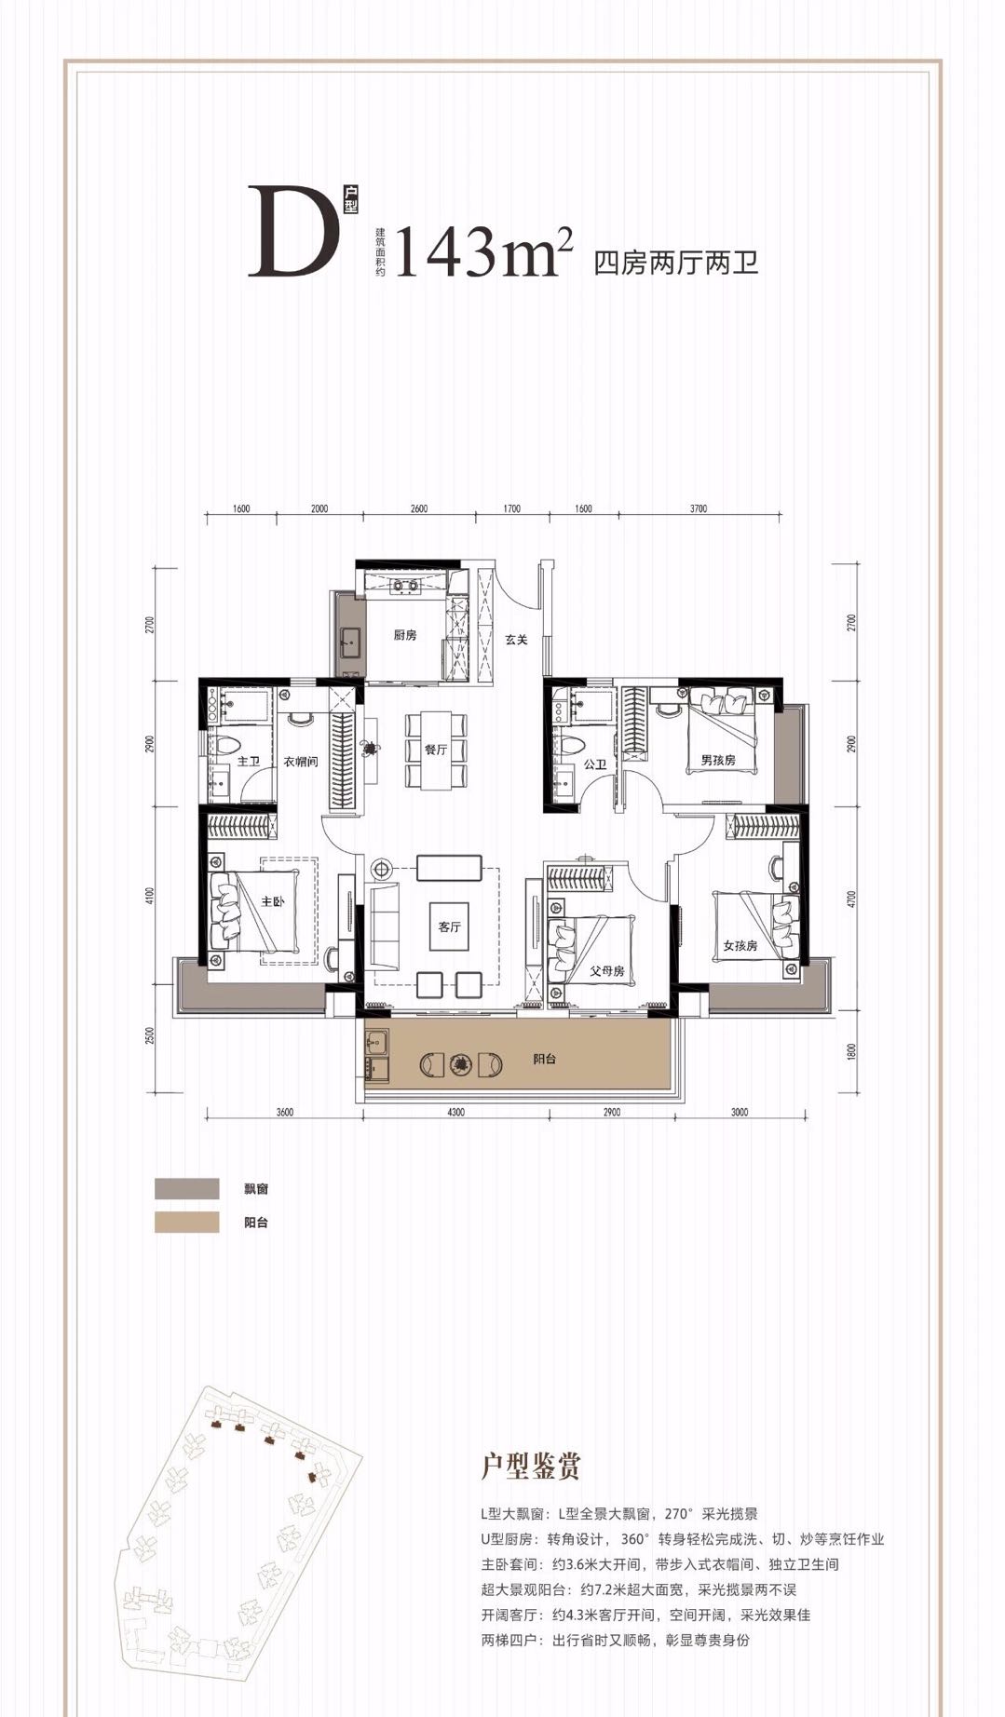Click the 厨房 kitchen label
[x=404, y=636]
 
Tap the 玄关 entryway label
[x=517, y=640]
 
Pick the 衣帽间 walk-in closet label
[x=301, y=761]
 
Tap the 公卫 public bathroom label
[x=595, y=764]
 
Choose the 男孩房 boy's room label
[x=718, y=761]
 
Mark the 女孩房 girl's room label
[x=740, y=945]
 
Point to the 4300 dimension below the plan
[x=455, y=1112]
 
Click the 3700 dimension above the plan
[x=699, y=508]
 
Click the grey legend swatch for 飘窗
[x=187, y=1189]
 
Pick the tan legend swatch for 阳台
[x=187, y=1222]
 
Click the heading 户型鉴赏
[x=531, y=1466]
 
